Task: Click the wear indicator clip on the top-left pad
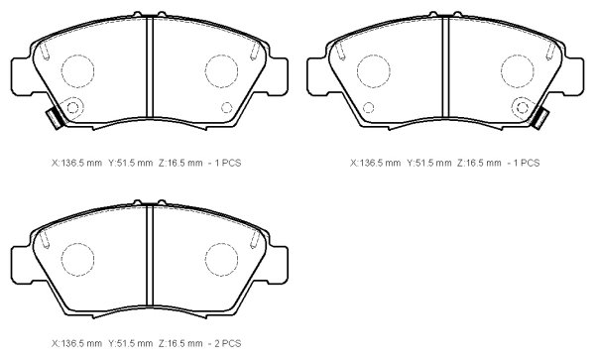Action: [56, 119]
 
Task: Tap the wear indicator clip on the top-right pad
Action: [539, 119]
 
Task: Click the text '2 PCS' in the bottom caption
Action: [228, 343]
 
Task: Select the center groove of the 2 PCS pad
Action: [150, 257]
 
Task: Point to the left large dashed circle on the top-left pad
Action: [77, 71]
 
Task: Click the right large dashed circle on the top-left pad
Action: [221, 71]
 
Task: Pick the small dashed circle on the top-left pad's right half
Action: [226, 108]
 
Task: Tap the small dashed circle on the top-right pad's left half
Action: [368, 108]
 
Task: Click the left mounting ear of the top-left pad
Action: [22, 76]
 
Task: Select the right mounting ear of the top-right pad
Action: [573, 76]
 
